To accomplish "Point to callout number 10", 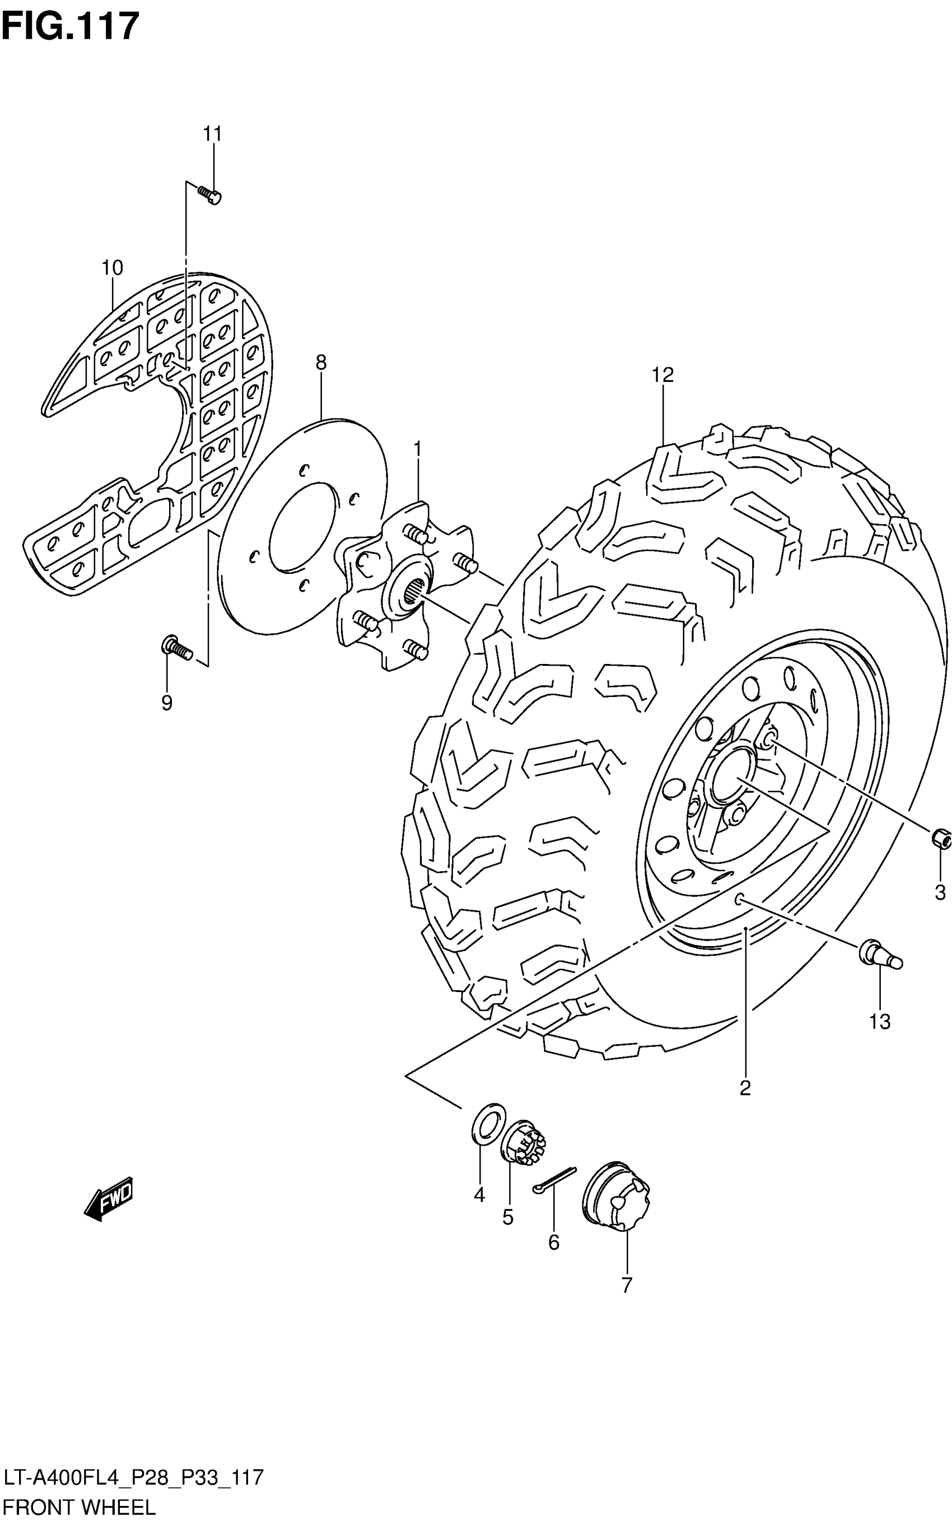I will [112, 268].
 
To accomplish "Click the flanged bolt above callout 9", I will [176, 647].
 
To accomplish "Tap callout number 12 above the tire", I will [663, 375].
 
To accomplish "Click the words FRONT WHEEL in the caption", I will [79, 1508].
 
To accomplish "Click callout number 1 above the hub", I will [417, 450].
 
